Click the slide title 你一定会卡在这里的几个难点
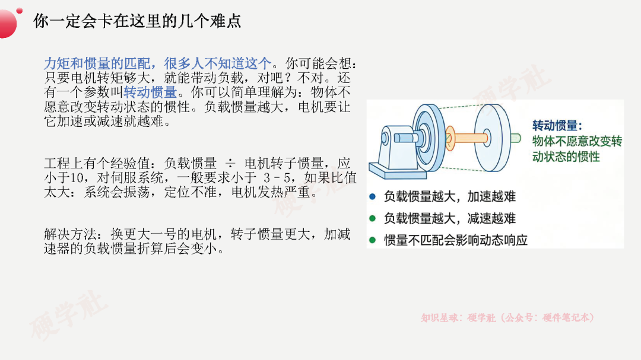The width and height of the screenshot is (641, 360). [x=137, y=21]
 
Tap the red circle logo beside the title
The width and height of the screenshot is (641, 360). [x=7, y=24]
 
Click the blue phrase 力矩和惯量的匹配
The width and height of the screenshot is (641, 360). [x=97, y=63]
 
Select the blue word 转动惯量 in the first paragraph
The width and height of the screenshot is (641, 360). [x=150, y=93]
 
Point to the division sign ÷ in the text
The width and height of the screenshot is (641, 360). [x=230, y=164]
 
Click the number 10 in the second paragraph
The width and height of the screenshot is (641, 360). [x=77, y=178]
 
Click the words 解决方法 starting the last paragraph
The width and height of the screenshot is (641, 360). [x=70, y=234]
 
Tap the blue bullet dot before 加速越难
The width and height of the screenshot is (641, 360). [x=372, y=196]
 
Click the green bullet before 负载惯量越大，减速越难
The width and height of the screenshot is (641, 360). [x=372, y=218]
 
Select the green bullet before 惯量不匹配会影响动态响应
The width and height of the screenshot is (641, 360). [x=372, y=240]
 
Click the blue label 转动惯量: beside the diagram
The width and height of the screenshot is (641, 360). [x=557, y=126]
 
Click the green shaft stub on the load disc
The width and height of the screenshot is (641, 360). [x=516, y=138]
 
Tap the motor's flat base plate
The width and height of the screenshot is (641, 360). [x=397, y=171]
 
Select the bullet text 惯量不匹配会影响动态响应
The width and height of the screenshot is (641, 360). [x=456, y=240]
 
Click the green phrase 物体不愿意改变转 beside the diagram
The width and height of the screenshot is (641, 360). [x=577, y=141]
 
